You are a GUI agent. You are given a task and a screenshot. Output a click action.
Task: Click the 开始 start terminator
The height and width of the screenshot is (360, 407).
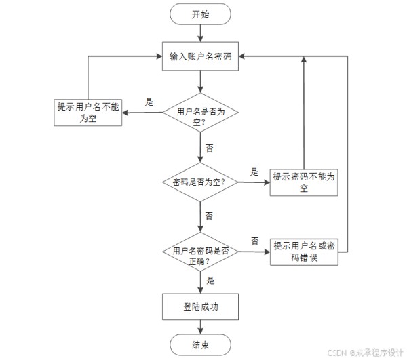[x=200, y=14]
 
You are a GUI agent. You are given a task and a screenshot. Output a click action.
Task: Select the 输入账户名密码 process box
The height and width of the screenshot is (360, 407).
[x=200, y=56]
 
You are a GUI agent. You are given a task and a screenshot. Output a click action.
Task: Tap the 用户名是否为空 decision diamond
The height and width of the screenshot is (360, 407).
[x=200, y=113]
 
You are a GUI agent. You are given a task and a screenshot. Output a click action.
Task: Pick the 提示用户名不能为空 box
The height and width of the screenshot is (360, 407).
[x=88, y=113]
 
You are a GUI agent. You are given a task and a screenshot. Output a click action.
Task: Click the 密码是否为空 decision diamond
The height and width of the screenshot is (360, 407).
[x=200, y=182]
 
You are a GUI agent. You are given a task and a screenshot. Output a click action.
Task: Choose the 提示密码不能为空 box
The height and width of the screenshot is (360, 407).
[x=304, y=182]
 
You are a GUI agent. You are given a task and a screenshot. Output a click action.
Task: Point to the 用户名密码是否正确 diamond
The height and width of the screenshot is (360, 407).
[x=200, y=252]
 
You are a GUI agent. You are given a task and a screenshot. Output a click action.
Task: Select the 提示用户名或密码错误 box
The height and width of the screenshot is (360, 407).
[x=304, y=252]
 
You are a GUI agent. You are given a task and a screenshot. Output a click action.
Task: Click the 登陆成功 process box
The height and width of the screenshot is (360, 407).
[x=200, y=306]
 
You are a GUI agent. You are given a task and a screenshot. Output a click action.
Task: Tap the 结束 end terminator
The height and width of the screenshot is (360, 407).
[x=200, y=344]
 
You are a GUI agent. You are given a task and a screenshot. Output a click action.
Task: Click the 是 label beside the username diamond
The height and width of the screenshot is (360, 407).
[x=149, y=102]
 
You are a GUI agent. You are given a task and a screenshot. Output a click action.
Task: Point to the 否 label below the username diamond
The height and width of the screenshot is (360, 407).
[x=209, y=148]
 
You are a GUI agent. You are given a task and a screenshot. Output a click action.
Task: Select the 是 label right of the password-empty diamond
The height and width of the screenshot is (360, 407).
[x=254, y=172]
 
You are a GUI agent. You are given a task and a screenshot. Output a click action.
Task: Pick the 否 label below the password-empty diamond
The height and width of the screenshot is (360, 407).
[x=209, y=216]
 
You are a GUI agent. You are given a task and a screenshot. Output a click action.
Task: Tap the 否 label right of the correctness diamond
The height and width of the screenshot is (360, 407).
[x=255, y=241]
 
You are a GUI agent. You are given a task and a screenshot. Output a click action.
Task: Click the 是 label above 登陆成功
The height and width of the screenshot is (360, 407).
[x=210, y=281]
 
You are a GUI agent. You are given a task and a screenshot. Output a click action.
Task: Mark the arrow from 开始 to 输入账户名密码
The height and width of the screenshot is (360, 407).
[x=200, y=33]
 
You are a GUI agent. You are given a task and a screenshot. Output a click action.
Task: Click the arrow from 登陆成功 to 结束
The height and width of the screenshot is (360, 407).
[x=200, y=327]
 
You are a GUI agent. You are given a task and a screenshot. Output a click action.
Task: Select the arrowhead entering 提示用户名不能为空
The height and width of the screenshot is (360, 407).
[x=125, y=113]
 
